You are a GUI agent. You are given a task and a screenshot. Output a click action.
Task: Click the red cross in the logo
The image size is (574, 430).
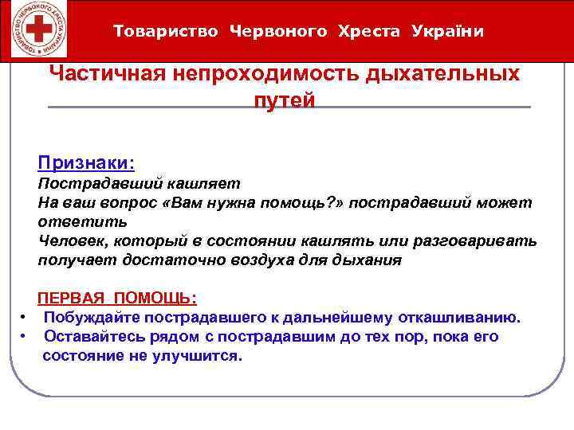[x=33, y=31]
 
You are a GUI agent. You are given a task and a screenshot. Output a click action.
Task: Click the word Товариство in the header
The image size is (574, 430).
[x=165, y=31]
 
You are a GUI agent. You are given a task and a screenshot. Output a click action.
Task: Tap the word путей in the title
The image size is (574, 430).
[x=285, y=100]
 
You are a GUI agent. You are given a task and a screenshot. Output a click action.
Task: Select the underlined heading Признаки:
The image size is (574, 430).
[x=86, y=162]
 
